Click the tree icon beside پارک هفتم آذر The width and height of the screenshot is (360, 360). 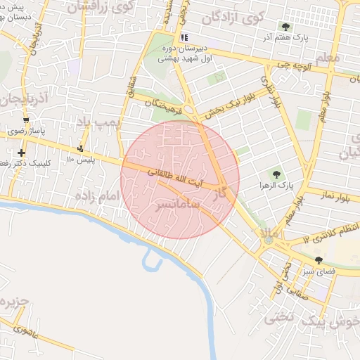(x=285, y=26)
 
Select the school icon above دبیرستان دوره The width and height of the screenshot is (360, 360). (x=184, y=37)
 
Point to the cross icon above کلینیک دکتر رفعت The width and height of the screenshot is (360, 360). (x=22, y=153)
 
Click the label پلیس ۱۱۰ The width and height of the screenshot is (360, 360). (x=79, y=160)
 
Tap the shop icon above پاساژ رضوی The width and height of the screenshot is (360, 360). (x=26, y=120)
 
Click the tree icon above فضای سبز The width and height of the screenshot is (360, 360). (x=319, y=260)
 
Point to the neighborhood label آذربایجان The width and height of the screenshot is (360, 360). (x=22, y=98)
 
